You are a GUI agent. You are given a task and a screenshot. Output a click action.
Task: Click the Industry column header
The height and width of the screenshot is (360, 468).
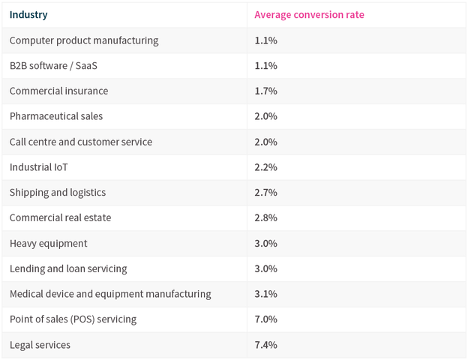(28, 14)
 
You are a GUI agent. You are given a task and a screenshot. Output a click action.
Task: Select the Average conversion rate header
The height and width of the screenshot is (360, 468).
(309, 14)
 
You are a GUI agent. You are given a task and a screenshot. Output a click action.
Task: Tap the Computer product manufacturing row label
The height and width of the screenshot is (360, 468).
(84, 40)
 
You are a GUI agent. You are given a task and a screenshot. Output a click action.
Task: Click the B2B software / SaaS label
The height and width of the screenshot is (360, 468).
(53, 65)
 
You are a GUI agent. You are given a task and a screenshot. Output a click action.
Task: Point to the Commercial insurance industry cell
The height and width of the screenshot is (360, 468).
(58, 91)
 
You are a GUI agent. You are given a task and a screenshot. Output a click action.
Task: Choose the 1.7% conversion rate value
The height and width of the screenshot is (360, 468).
(265, 91)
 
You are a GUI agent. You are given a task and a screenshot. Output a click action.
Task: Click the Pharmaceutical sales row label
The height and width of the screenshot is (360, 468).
(56, 116)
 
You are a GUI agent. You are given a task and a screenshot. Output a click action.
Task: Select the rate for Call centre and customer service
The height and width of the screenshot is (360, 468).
(265, 142)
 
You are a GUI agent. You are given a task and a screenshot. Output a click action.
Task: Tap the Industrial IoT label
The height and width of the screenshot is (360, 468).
(39, 167)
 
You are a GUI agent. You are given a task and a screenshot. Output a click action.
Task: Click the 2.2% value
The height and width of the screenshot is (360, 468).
(265, 167)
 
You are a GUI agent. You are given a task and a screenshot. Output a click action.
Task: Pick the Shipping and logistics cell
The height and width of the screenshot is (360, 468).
(58, 192)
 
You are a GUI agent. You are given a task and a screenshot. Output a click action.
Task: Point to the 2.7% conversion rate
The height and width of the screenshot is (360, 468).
(265, 192)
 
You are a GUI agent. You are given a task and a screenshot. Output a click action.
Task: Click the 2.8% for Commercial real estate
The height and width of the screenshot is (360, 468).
(265, 217)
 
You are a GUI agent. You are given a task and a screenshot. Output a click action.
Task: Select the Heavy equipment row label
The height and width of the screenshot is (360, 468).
(49, 243)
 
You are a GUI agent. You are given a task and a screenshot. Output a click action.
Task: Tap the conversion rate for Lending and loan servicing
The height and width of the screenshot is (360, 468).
(265, 268)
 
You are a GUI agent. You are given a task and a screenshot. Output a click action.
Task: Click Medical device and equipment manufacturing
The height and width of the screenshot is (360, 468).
(110, 294)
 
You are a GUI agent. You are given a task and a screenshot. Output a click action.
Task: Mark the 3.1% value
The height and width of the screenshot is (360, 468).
(265, 294)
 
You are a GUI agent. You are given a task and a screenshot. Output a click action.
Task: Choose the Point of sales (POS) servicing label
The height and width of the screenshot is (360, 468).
(73, 319)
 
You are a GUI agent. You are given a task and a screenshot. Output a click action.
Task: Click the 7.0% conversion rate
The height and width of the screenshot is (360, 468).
(265, 319)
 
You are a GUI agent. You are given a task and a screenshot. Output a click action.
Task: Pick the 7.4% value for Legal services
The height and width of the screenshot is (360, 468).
(265, 345)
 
